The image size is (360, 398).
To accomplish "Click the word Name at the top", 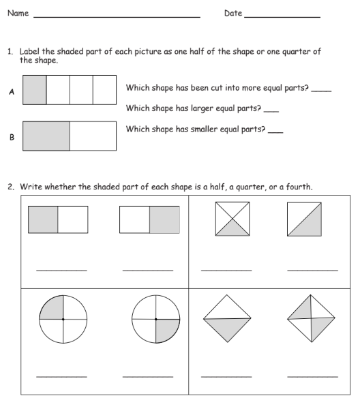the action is [18, 13].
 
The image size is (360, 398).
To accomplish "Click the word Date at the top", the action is [233, 13].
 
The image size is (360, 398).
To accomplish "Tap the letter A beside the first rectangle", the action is [12, 91].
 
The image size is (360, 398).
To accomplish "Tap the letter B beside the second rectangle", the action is [12, 137].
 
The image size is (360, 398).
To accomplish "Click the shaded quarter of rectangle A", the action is [35, 90].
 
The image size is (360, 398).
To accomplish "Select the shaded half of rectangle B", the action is [46, 136].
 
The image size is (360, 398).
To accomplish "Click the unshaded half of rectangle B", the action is [93, 136].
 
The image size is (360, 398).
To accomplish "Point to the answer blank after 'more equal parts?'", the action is [321, 91].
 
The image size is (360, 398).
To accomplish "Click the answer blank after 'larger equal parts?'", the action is [271, 112].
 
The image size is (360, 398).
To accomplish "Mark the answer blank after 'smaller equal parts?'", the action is [275, 132].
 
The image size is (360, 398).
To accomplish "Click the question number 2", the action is [11, 187].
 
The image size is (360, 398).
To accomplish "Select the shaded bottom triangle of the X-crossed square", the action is [232, 230].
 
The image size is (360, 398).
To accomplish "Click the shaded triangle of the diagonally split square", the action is [310, 225].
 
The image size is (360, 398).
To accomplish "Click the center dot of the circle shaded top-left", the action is [63, 320].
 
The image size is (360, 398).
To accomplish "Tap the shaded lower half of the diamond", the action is [228, 327].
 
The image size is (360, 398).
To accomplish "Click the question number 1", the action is [10, 52].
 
